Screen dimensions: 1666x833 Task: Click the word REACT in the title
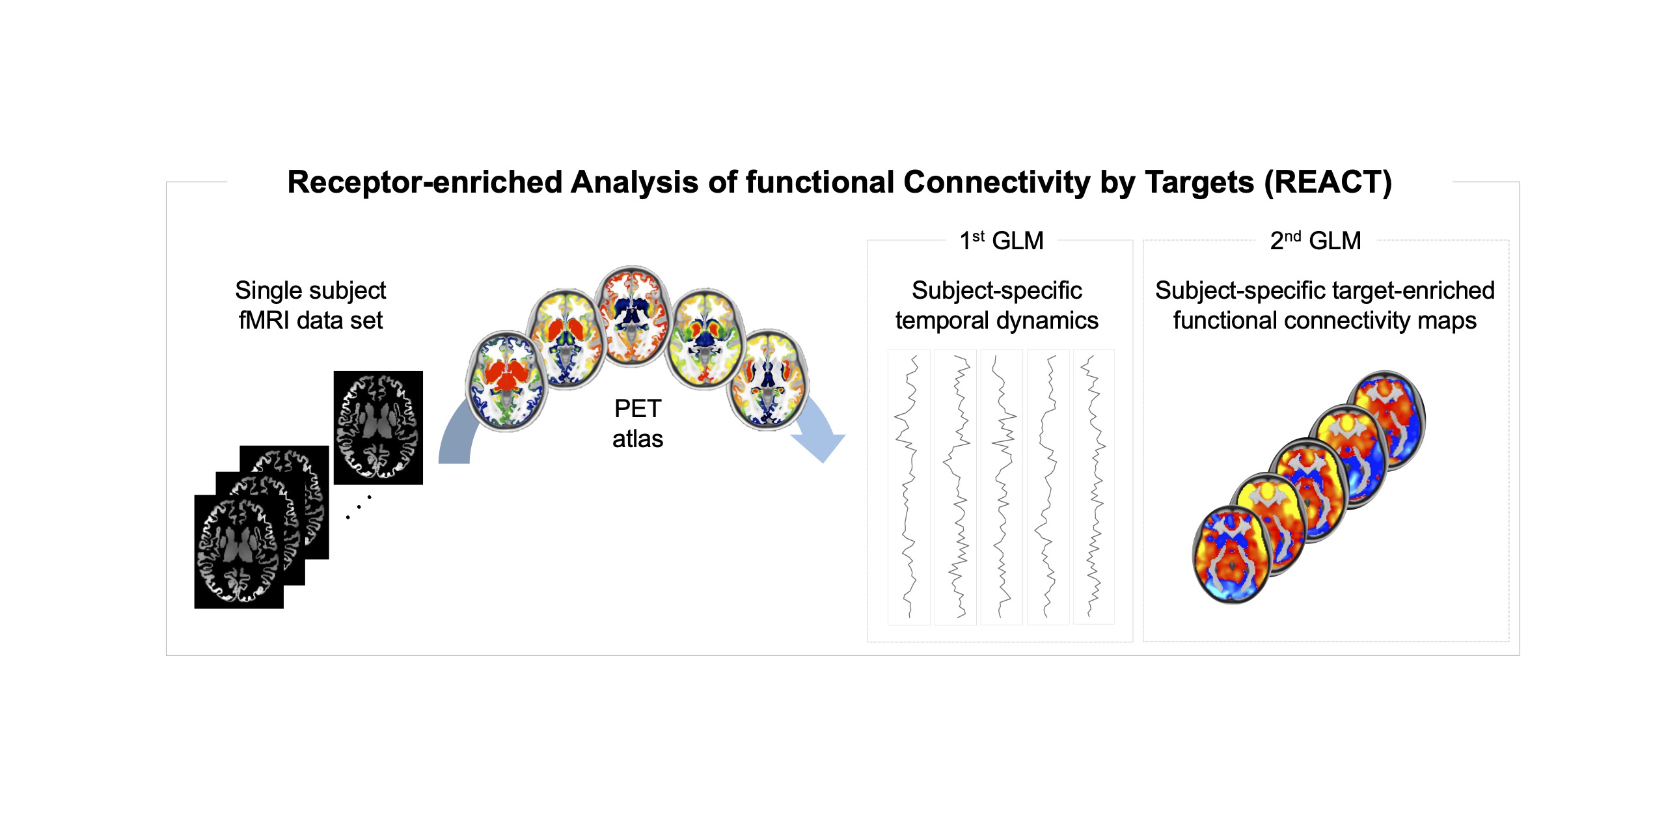[x=1328, y=182]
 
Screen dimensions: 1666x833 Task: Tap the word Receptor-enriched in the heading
[x=425, y=183]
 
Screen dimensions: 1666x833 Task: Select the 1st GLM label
[x=1001, y=240]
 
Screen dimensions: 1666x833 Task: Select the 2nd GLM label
[x=1315, y=240]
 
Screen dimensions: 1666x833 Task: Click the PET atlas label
[x=638, y=424]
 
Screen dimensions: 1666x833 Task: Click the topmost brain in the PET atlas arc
[x=632, y=316]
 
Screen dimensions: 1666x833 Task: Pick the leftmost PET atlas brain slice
[x=506, y=381]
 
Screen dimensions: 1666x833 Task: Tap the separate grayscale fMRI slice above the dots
[x=378, y=428]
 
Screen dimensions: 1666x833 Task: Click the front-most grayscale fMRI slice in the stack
[x=239, y=552]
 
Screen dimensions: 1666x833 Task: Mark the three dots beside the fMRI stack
[x=359, y=507]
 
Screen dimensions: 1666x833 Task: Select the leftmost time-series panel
[x=909, y=487]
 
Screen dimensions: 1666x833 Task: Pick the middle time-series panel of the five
[x=1002, y=487]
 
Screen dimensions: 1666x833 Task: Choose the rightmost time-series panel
[x=1094, y=487]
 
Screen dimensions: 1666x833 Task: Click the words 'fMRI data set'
[x=310, y=321]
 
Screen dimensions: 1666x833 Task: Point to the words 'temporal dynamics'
[x=997, y=321]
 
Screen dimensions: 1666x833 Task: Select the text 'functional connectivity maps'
[x=1325, y=321]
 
